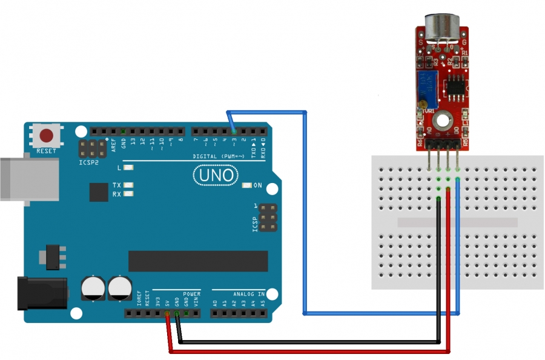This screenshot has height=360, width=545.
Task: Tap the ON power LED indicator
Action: point(246,185)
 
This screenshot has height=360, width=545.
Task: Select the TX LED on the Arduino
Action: point(128,185)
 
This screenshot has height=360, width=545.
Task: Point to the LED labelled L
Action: point(128,167)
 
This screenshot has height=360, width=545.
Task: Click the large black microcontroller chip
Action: point(197,261)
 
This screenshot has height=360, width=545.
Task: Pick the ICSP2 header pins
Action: point(91,149)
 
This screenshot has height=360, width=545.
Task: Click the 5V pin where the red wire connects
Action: point(167,313)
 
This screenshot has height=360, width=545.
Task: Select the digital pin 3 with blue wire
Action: point(234,131)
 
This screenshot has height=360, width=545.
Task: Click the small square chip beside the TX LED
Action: point(99,192)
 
